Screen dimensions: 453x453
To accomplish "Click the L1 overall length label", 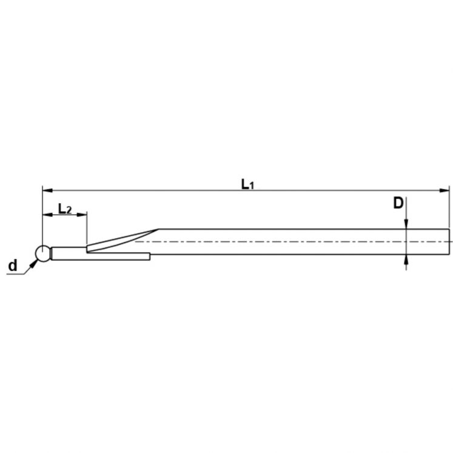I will (247, 184).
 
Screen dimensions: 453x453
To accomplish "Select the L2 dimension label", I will (64, 209).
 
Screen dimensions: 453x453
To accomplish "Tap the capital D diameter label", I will (398, 203).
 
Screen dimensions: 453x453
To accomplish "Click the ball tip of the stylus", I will (42, 253).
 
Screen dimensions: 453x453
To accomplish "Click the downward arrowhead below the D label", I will (406, 224).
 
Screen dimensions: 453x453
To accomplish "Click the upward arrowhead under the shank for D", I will (406, 259).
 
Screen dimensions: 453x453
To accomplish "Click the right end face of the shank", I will (449, 241).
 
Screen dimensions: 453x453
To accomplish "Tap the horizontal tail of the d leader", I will (15, 275).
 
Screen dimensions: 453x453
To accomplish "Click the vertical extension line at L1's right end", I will (449, 206).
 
